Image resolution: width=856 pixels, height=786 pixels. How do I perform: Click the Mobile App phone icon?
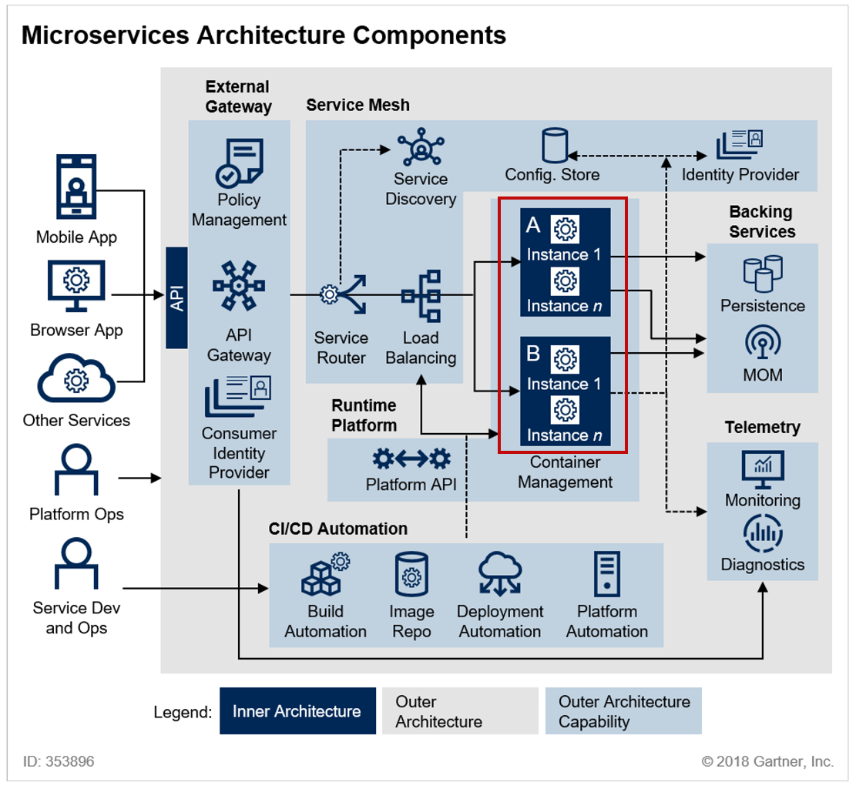pyautogui.click(x=76, y=186)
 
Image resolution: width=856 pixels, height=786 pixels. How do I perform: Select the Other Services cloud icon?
pyautogui.click(x=76, y=378)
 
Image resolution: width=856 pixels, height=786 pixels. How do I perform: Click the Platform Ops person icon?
pyautogui.click(x=76, y=469)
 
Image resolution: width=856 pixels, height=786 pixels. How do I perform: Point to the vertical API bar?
pyautogui.click(x=177, y=297)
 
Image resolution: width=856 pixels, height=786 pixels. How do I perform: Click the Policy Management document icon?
pyautogui.click(x=239, y=163)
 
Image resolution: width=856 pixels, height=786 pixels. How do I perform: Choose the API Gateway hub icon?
pyautogui.click(x=239, y=285)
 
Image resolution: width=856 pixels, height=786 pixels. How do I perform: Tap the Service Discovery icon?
pyautogui.click(x=421, y=147)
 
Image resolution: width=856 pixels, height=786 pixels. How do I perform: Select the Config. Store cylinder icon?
pyautogui.click(x=555, y=145)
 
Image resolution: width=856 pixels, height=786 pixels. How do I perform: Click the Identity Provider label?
pyautogui.click(x=740, y=175)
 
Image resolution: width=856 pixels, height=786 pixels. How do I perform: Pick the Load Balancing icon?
pyautogui.click(x=421, y=295)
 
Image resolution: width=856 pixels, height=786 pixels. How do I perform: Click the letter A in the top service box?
pyautogui.click(x=533, y=225)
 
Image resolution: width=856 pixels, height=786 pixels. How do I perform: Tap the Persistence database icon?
pyautogui.click(x=763, y=274)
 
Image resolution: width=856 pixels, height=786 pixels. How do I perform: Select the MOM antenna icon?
pyautogui.click(x=763, y=341)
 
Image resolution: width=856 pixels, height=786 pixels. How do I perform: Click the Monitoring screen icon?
pyautogui.click(x=763, y=469)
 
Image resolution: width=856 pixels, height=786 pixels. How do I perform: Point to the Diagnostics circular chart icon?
pyautogui.click(x=763, y=533)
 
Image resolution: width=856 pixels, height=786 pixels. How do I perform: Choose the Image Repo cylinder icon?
pyautogui.click(x=411, y=573)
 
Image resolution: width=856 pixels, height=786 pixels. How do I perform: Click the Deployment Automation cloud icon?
pyautogui.click(x=500, y=573)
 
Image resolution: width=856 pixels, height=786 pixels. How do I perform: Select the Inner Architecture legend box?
pyautogui.click(x=297, y=710)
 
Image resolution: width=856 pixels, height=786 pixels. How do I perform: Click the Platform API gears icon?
pyautogui.click(x=411, y=459)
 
